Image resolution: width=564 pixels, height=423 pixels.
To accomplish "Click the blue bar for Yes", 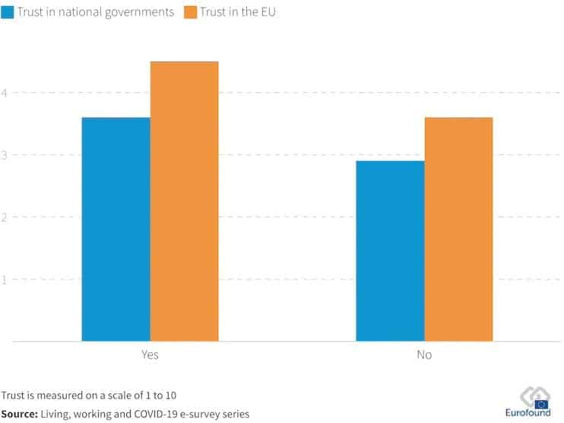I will tap(116, 229).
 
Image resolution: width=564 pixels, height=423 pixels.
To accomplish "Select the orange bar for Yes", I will tap(184, 201).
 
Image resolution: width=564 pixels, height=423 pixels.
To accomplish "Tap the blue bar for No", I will tap(390, 251).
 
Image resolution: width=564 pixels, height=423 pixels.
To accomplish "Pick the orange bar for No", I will tap(458, 229).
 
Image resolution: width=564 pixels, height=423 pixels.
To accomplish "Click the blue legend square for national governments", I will tap(7, 12).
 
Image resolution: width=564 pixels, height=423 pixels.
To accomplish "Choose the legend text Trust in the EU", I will tap(237, 12).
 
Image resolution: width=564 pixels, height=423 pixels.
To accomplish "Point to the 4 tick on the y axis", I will tap(5, 93).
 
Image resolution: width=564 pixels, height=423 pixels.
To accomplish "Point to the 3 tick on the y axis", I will tap(5, 155).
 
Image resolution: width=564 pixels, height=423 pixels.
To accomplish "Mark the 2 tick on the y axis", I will tap(5, 217).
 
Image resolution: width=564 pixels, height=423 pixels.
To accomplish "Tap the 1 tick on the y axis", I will tap(5, 279).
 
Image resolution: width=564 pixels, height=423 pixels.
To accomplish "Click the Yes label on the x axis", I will tap(150, 355).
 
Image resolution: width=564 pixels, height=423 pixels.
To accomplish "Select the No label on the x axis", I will tap(424, 355).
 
